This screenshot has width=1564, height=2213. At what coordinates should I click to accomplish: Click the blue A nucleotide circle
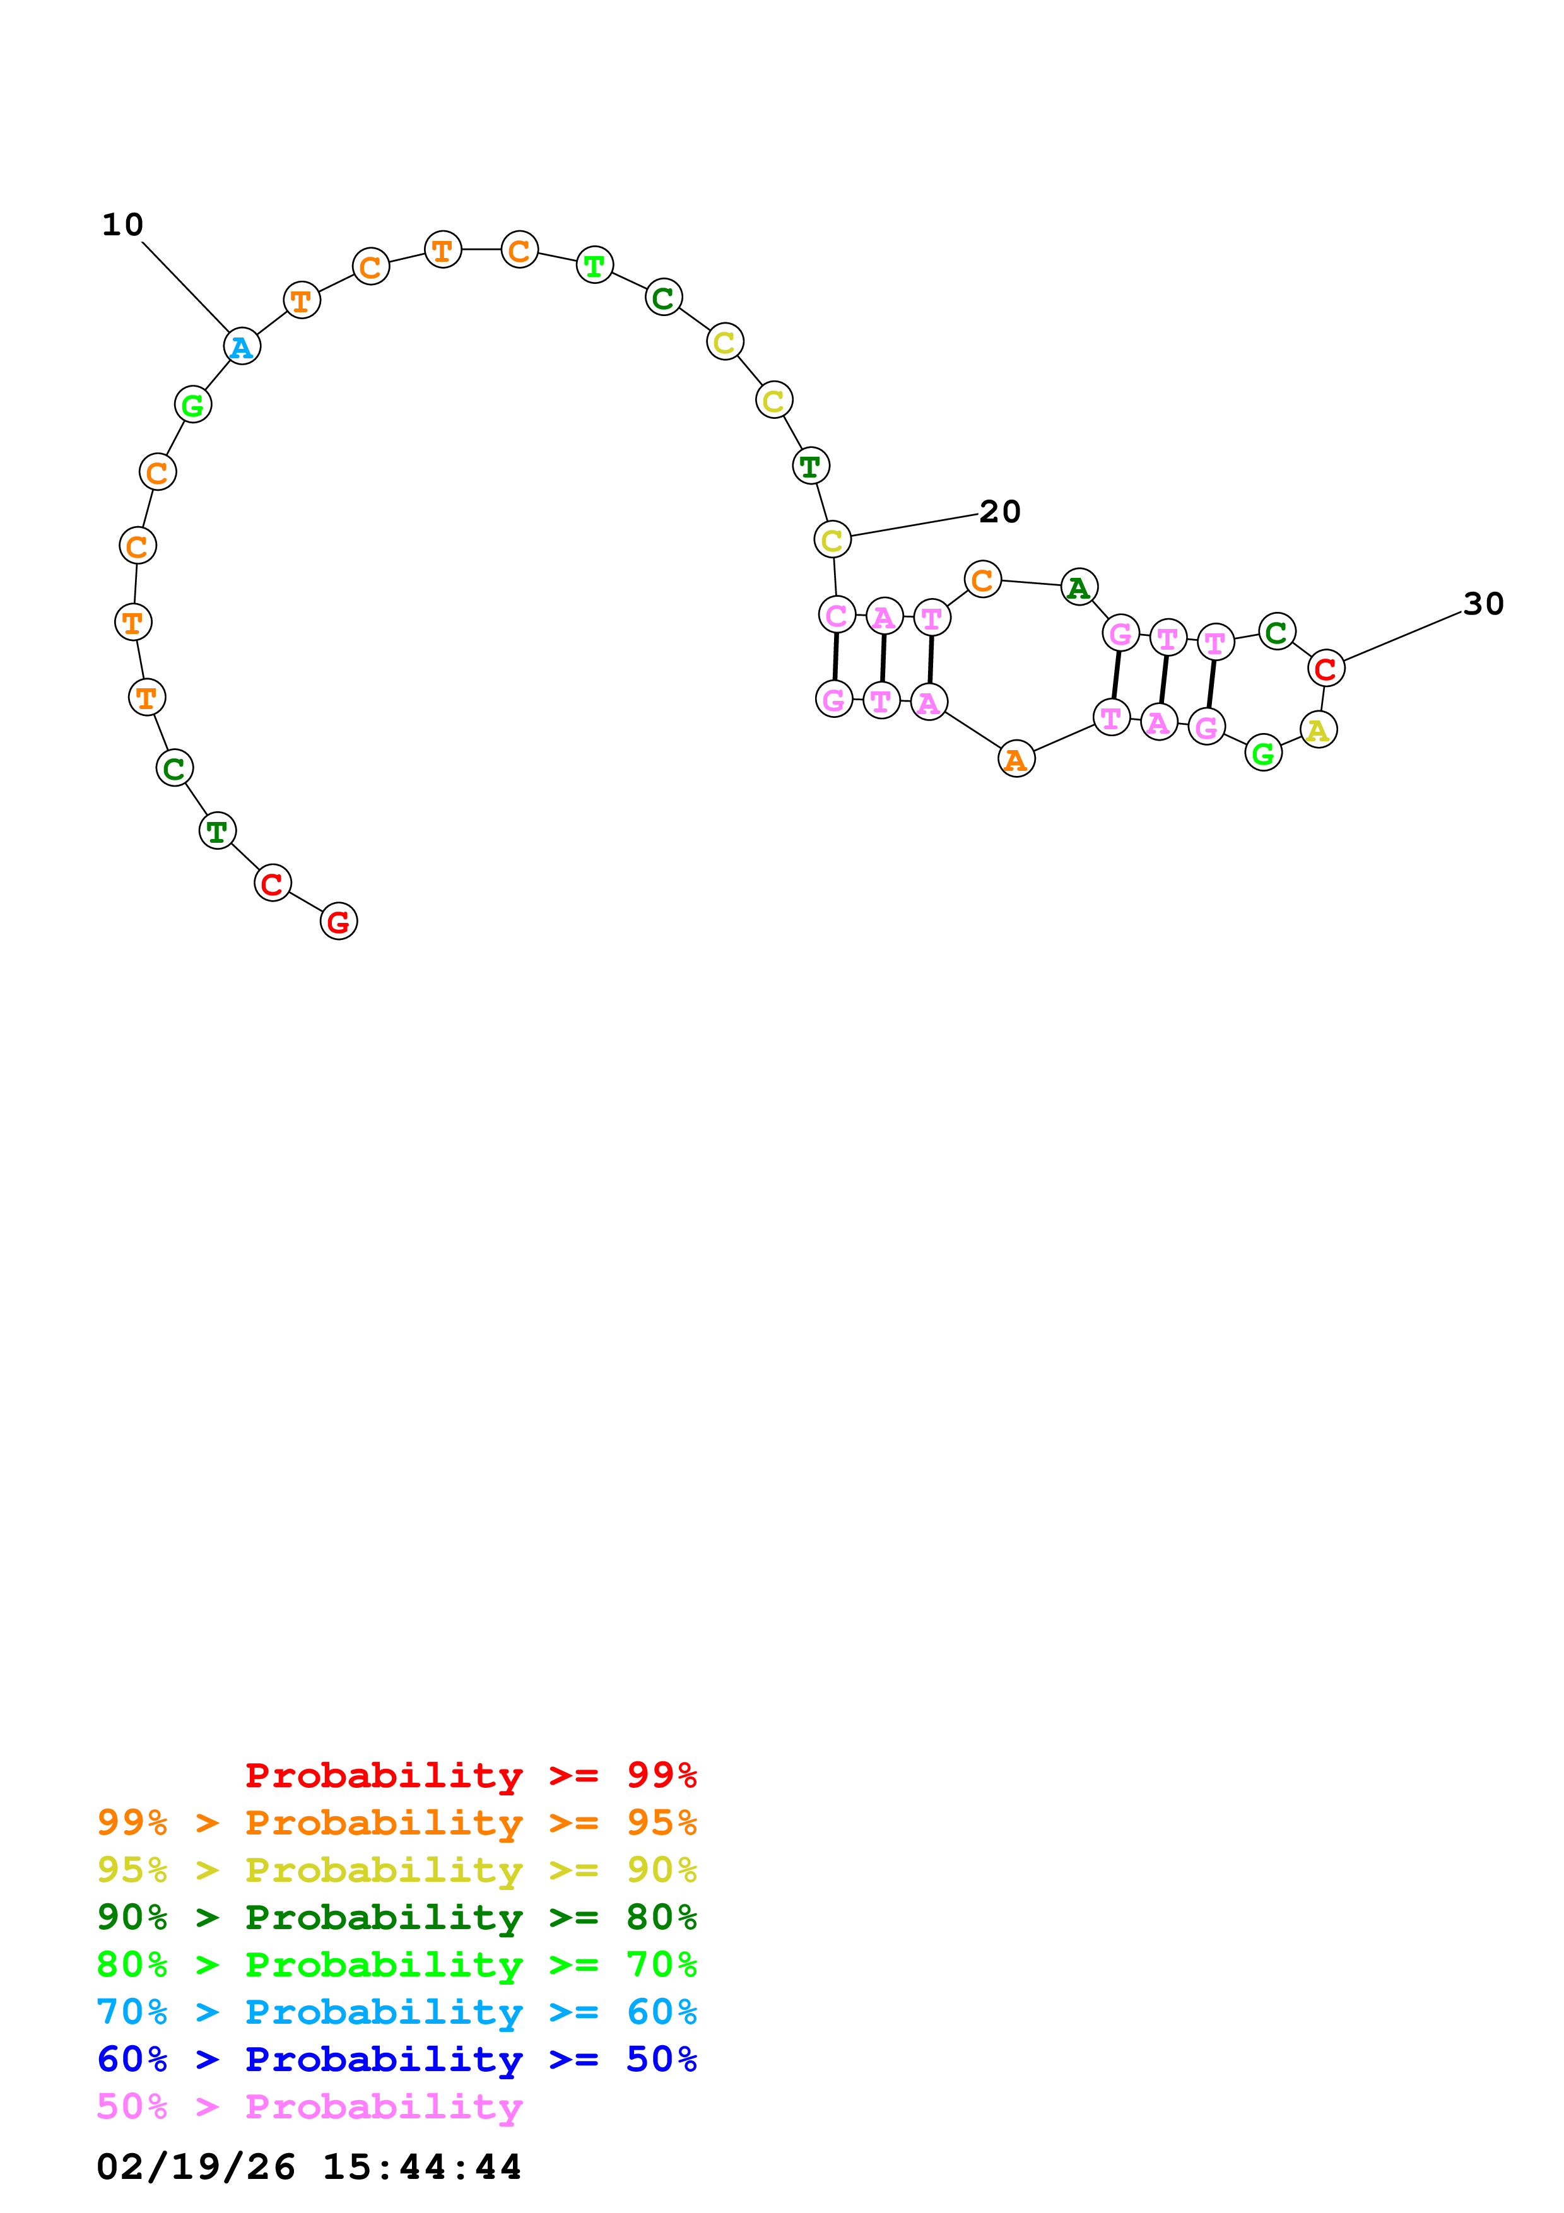pyautogui.click(x=242, y=346)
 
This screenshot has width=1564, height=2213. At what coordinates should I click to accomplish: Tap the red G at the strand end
pyautogui.click(x=338, y=922)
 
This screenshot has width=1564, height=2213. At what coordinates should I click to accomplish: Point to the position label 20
pyautogui.click(x=999, y=512)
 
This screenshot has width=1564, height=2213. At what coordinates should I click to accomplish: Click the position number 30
pyautogui.click(x=1483, y=604)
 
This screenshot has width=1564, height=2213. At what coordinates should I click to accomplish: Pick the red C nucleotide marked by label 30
pyautogui.click(x=1326, y=668)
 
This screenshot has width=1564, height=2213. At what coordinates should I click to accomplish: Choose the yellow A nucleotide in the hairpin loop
pyautogui.click(x=1319, y=730)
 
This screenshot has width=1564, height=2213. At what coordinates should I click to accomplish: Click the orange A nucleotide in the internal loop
pyautogui.click(x=1016, y=760)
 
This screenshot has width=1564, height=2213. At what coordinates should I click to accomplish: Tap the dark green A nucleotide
pyautogui.click(x=1079, y=586)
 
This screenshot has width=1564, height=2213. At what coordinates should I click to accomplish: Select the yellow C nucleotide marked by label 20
pyautogui.click(x=833, y=540)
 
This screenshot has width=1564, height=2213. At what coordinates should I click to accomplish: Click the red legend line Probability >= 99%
pyautogui.click(x=470, y=1775)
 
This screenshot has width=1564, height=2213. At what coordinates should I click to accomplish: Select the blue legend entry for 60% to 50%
pyautogui.click(x=397, y=2060)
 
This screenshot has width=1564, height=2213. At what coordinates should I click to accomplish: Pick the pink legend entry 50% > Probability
pyautogui.click(x=309, y=2107)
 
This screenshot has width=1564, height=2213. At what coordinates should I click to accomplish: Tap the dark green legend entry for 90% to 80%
pyautogui.click(x=397, y=1917)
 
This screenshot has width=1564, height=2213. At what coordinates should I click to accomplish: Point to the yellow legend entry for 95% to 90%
pyautogui.click(x=397, y=1870)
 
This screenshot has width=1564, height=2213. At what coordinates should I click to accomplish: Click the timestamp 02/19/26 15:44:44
pyautogui.click(x=309, y=2167)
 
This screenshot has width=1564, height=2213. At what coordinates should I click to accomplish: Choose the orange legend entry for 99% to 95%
pyautogui.click(x=397, y=1823)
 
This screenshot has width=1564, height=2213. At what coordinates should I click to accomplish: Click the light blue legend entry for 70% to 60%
pyautogui.click(x=397, y=2012)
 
